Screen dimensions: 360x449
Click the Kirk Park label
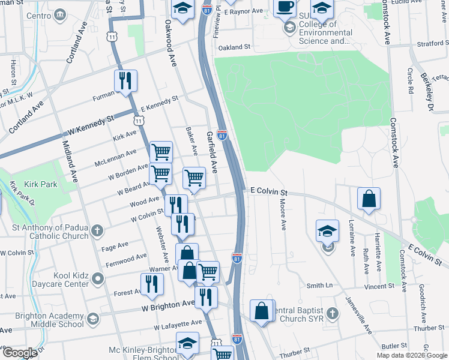click(x=41, y=184)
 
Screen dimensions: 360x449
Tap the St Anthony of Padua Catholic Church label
click(x=50, y=232)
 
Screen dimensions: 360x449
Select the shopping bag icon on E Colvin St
click(x=369, y=199)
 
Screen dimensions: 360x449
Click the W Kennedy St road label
click(x=91, y=125)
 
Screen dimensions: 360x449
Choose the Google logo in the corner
click(x=20, y=352)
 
